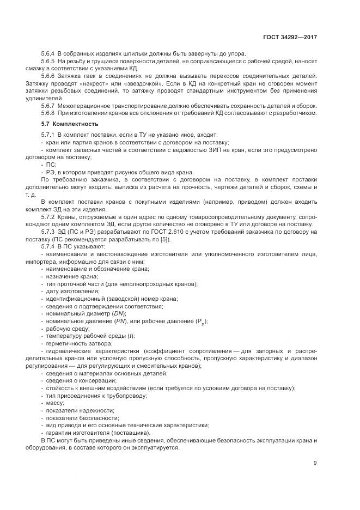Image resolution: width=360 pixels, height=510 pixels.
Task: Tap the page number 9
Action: (315, 463)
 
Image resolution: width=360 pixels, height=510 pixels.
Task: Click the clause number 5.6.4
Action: (48, 53)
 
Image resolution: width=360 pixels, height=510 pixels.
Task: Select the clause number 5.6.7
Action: (48, 105)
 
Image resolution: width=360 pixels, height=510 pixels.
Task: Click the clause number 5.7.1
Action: (48, 135)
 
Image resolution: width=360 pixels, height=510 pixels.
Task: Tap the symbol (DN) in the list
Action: (119, 313)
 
